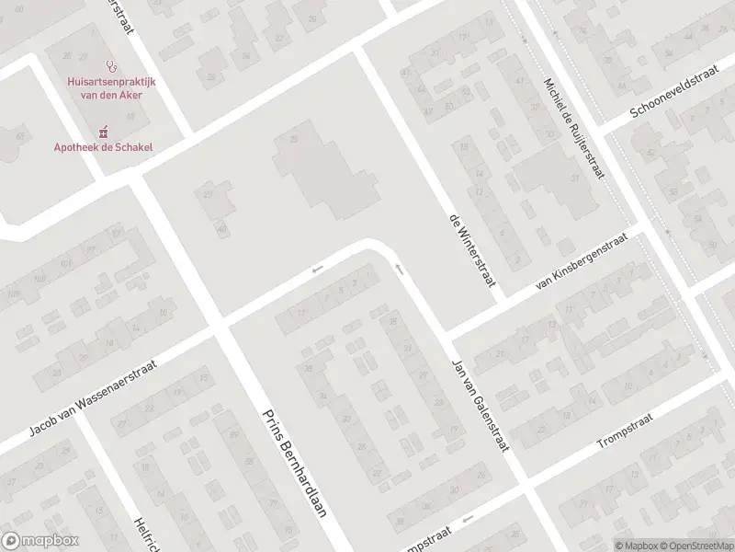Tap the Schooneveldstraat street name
pyautogui.click(x=679, y=96)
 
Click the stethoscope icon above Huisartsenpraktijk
pyautogui.click(x=112, y=66)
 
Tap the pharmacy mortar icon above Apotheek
pyautogui.click(x=104, y=132)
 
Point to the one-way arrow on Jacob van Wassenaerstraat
pyautogui.click(x=317, y=269)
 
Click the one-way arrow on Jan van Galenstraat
pyautogui.click(x=399, y=269)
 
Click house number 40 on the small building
pyautogui.click(x=221, y=229)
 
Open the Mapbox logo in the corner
pyautogui.click(x=40, y=541)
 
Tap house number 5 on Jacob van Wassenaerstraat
pyautogui.click(x=341, y=290)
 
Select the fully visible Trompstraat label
pyautogui.click(x=624, y=430)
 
